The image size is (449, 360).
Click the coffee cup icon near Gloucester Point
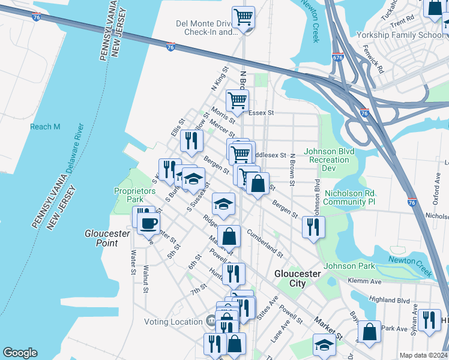tap(148, 223)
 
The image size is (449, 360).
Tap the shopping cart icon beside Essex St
tap(238, 100)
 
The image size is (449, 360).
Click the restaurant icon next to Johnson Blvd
tap(313, 226)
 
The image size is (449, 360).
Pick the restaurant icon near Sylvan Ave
tap(429, 319)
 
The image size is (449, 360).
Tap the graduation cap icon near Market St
tap(324, 344)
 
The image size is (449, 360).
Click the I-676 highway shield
tap(337, 58)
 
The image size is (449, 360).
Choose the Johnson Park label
tap(349, 266)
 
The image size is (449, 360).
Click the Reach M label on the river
tap(46, 127)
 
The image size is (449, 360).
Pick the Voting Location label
tap(173, 322)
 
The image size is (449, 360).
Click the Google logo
tap(20, 353)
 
